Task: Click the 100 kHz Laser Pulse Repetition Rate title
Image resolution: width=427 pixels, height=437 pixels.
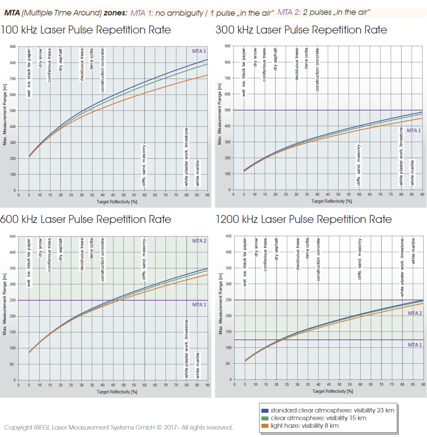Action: point(86,30)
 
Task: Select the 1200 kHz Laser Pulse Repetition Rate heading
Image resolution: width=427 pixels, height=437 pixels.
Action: point(304,219)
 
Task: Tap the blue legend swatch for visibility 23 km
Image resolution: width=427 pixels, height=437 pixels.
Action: point(264,410)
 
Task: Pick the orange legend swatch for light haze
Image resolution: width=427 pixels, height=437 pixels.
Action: point(264,426)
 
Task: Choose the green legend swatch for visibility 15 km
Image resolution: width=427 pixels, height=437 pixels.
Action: point(264,418)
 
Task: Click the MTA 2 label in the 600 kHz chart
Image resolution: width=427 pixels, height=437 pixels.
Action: point(199,241)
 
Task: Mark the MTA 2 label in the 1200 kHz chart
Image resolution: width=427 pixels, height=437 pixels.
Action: point(414,313)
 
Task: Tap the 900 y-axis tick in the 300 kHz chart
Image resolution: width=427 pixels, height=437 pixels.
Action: point(228,46)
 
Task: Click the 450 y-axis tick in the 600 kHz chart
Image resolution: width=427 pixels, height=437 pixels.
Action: point(13,237)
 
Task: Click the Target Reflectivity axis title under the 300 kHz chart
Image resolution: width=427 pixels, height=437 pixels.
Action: point(329,201)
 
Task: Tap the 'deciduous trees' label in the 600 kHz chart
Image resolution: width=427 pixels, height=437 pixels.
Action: point(82,255)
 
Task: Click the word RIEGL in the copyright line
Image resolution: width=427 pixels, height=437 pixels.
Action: point(40,427)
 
